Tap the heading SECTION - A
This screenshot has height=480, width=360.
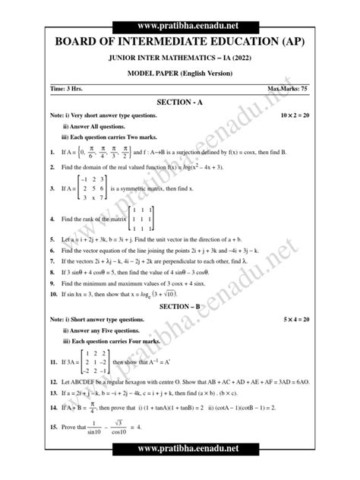click(x=180, y=101)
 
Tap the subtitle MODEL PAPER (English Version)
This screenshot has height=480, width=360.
click(x=180, y=72)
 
